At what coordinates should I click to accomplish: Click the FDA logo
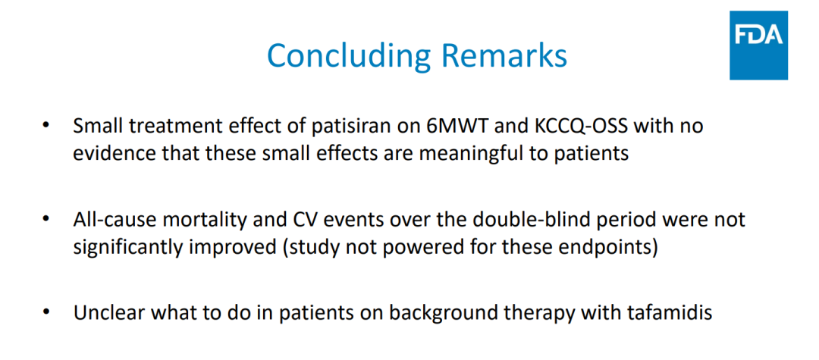(x=758, y=45)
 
